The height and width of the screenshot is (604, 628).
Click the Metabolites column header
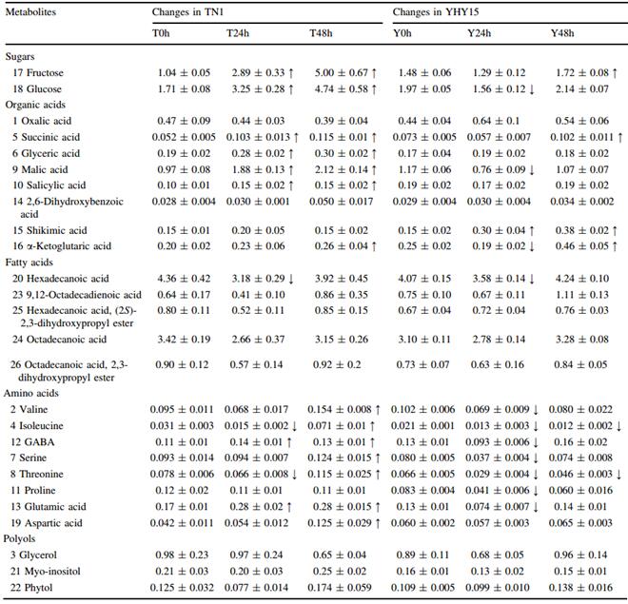pos(30,12)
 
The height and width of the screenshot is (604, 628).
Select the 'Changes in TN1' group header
pos(187,12)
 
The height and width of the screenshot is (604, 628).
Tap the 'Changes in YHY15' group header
pos(436,12)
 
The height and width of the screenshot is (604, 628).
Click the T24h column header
pos(238,33)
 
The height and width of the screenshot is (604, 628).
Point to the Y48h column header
pos(562,33)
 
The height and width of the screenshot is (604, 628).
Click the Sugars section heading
pos(20,56)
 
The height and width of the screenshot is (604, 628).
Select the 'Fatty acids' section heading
pos(29,263)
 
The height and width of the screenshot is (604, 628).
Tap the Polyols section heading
pos(19,538)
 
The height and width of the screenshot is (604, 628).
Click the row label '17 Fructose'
pos(38,72)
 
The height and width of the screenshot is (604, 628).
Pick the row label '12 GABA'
pos(32,442)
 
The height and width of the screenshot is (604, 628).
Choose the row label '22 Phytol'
pos(31,588)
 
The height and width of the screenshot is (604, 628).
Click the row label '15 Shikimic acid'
pos(49,230)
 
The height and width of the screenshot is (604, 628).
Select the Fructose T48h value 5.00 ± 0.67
pos(342,72)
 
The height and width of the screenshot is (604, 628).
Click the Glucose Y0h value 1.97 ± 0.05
pos(424,88)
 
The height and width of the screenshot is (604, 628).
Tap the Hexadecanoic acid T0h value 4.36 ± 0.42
pos(184,278)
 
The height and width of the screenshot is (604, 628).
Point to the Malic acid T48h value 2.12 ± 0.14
pos(342,169)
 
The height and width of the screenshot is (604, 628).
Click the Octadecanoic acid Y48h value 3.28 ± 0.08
pos(582,339)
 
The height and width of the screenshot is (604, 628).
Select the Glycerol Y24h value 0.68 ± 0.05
pos(497,555)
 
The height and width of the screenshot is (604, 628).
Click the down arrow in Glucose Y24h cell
pos(532,89)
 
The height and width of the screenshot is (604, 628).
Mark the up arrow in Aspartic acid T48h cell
pos(377,523)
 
